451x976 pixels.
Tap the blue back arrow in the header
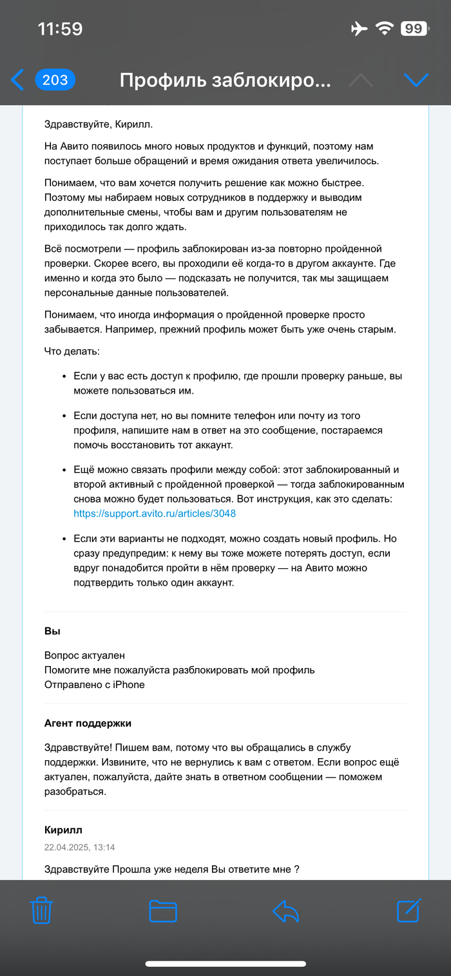coord(17,80)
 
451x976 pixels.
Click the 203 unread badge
coord(55,80)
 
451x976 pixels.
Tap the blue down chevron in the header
coord(416,80)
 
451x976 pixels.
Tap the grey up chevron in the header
coord(361,80)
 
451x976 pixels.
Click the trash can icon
coord(42,911)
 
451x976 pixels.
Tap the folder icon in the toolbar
coord(163,911)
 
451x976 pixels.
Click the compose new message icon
coord(408,910)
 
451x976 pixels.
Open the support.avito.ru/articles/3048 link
coord(150,514)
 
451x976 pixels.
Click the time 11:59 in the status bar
coord(60,29)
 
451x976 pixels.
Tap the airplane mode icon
coord(359,29)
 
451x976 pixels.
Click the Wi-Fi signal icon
coord(385,29)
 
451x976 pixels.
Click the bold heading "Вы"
coord(52,631)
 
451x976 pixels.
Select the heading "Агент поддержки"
coord(88,723)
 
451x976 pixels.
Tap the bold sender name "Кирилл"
coord(63,830)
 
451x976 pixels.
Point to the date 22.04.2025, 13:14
coord(79,847)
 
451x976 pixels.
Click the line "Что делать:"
coord(72,352)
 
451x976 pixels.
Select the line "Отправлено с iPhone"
coord(94,684)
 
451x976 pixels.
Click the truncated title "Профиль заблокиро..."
coord(225,81)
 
